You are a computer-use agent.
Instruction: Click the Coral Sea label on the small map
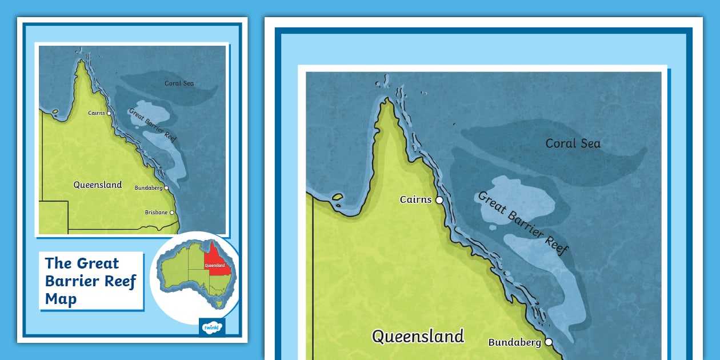point(179,83)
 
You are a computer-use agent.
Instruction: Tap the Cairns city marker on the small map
point(109,113)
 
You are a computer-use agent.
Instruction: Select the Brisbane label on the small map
point(156,213)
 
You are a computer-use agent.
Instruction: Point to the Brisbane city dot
point(171,213)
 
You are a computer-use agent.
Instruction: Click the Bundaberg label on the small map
point(149,187)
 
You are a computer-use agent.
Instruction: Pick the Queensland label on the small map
point(97,185)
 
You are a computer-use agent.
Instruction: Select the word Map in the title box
point(61,299)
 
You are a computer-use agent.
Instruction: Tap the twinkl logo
point(212,327)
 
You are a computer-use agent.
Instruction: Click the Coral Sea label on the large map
point(573,143)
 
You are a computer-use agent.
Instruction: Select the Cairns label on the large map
point(415,200)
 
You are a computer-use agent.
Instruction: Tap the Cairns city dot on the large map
point(439,200)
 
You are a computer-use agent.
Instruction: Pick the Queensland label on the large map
point(418,336)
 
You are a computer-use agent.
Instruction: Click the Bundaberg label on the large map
point(514,343)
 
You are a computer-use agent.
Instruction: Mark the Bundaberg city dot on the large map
point(549,342)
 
